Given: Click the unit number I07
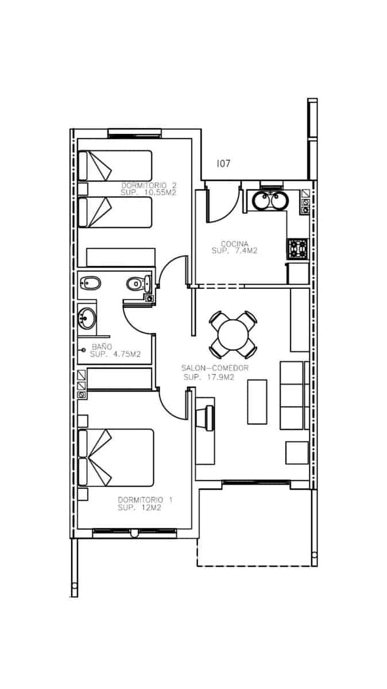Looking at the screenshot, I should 223,164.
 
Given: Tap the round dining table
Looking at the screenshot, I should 233,334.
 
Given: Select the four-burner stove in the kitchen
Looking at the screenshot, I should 298,248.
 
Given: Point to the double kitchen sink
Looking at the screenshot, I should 269,202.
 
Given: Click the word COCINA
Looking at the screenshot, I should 234,243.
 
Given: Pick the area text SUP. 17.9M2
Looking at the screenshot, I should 209,377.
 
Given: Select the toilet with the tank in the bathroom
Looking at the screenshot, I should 138,282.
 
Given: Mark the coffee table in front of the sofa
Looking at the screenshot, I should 257,401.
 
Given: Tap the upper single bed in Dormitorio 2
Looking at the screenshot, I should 115,166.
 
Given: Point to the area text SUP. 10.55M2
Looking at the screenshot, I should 148,193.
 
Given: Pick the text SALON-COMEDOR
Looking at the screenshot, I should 215,368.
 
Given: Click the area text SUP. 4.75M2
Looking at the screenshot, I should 115,354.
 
